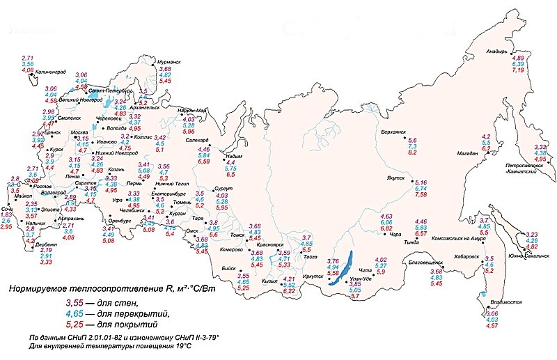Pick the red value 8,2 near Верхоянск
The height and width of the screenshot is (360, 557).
412,152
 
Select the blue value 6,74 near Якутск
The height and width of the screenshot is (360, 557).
421,188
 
